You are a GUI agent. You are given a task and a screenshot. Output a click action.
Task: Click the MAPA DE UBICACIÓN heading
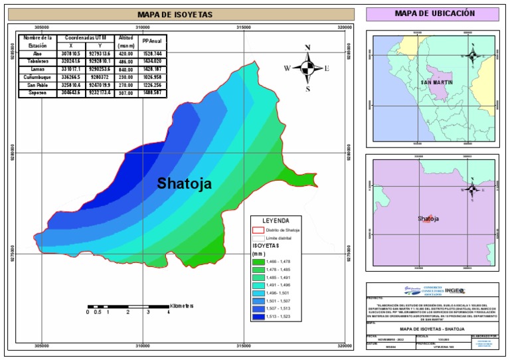pos(435,13)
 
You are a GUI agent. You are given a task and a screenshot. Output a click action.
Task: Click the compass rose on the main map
pos(307,67)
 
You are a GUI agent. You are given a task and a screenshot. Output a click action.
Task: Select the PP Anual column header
pos(152,41)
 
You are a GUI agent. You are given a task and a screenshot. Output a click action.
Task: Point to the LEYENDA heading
pos(276,220)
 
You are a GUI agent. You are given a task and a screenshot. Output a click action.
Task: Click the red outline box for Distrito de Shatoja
pos(260,229)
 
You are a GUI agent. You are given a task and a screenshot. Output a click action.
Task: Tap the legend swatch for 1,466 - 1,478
pos(260,262)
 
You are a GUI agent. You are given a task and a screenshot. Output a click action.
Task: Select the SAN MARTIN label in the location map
pos(434,83)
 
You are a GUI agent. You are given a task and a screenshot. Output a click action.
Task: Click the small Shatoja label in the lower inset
pos(428,219)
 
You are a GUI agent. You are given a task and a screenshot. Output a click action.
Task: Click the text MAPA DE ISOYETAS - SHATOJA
pos(432,329)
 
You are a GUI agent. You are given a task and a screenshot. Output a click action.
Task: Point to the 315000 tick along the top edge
pos(244,27)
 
